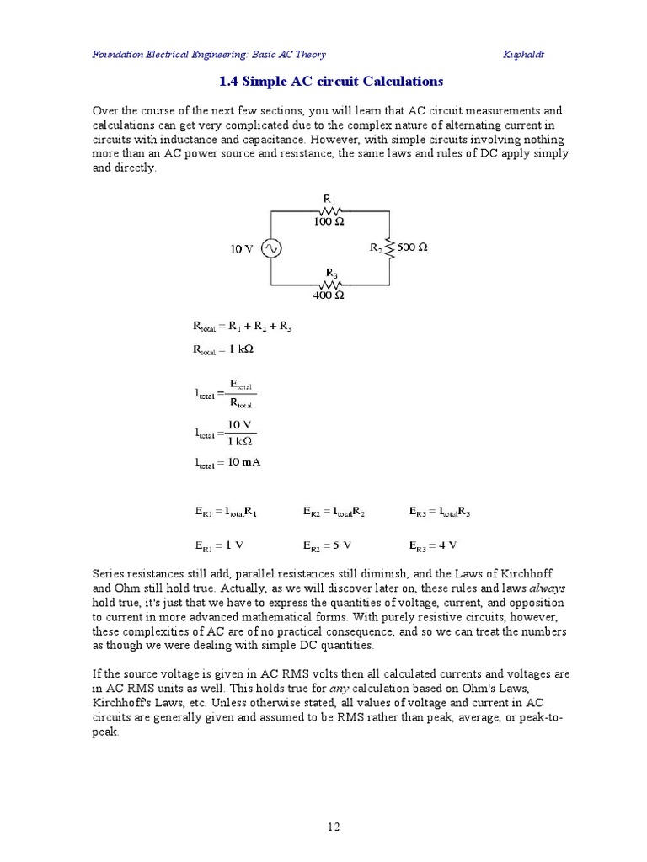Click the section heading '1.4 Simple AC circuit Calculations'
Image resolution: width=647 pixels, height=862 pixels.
[x=330, y=82]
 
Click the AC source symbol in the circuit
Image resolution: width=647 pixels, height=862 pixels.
[x=270, y=249]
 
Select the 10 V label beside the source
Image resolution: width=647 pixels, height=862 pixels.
[x=242, y=249]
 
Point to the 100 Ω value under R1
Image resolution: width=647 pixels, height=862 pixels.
[x=329, y=221]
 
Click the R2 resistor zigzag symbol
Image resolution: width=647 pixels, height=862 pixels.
[x=389, y=248]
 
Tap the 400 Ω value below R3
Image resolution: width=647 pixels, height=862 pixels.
[x=329, y=295]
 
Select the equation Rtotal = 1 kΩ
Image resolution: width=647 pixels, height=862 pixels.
[x=222, y=349]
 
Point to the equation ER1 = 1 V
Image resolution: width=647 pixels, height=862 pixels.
[x=220, y=545]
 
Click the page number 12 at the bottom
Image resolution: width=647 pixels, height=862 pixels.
[x=334, y=827]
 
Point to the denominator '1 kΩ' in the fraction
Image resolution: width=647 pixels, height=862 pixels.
[x=240, y=441]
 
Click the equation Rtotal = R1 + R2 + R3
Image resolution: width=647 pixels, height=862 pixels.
[x=242, y=326]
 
